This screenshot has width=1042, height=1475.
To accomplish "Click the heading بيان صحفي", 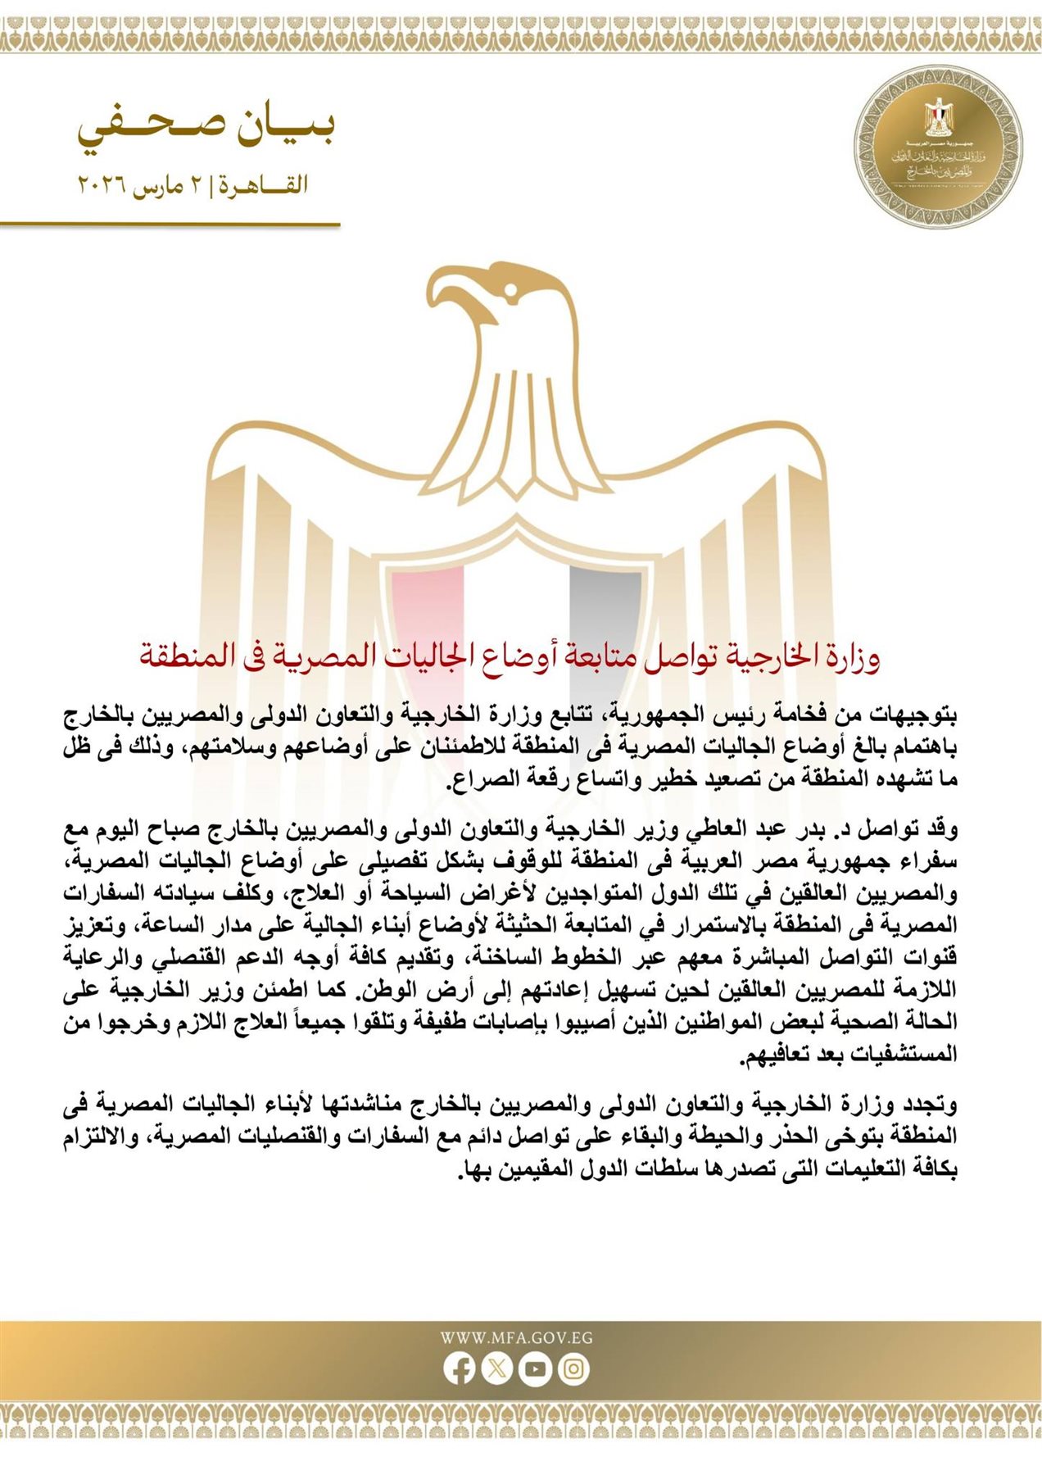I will [206, 129].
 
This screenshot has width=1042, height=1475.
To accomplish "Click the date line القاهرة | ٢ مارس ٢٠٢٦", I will [193, 184].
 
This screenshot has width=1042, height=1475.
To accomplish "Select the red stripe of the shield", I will [427, 606].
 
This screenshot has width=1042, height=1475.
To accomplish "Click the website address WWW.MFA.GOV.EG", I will [516, 1338].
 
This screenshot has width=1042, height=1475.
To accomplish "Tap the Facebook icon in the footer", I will [460, 1368].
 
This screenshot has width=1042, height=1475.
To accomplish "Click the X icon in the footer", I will [497, 1368].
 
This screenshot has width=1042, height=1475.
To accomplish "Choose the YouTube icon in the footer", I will [535, 1368].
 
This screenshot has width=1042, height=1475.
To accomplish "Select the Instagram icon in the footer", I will [573, 1368].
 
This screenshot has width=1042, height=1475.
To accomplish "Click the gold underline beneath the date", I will [170, 224].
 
